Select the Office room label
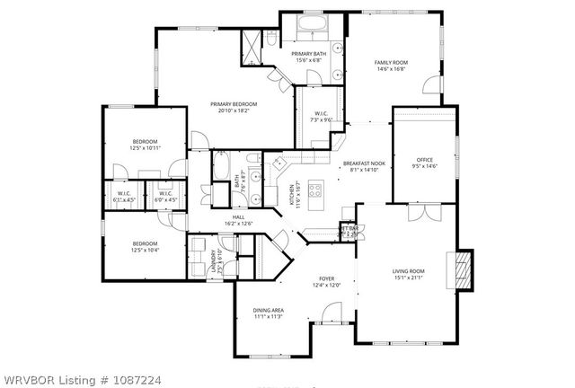(x=424, y=160)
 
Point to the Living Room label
(x=408, y=270)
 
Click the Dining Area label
(x=269, y=311)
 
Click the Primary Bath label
(x=307, y=54)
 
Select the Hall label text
(x=238, y=216)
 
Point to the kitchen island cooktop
(x=315, y=189)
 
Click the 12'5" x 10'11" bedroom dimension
(x=146, y=148)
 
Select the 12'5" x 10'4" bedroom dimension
(x=146, y=250)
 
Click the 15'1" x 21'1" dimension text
(x=408, y=278)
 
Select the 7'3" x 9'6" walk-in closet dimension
(x=321, y=119)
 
